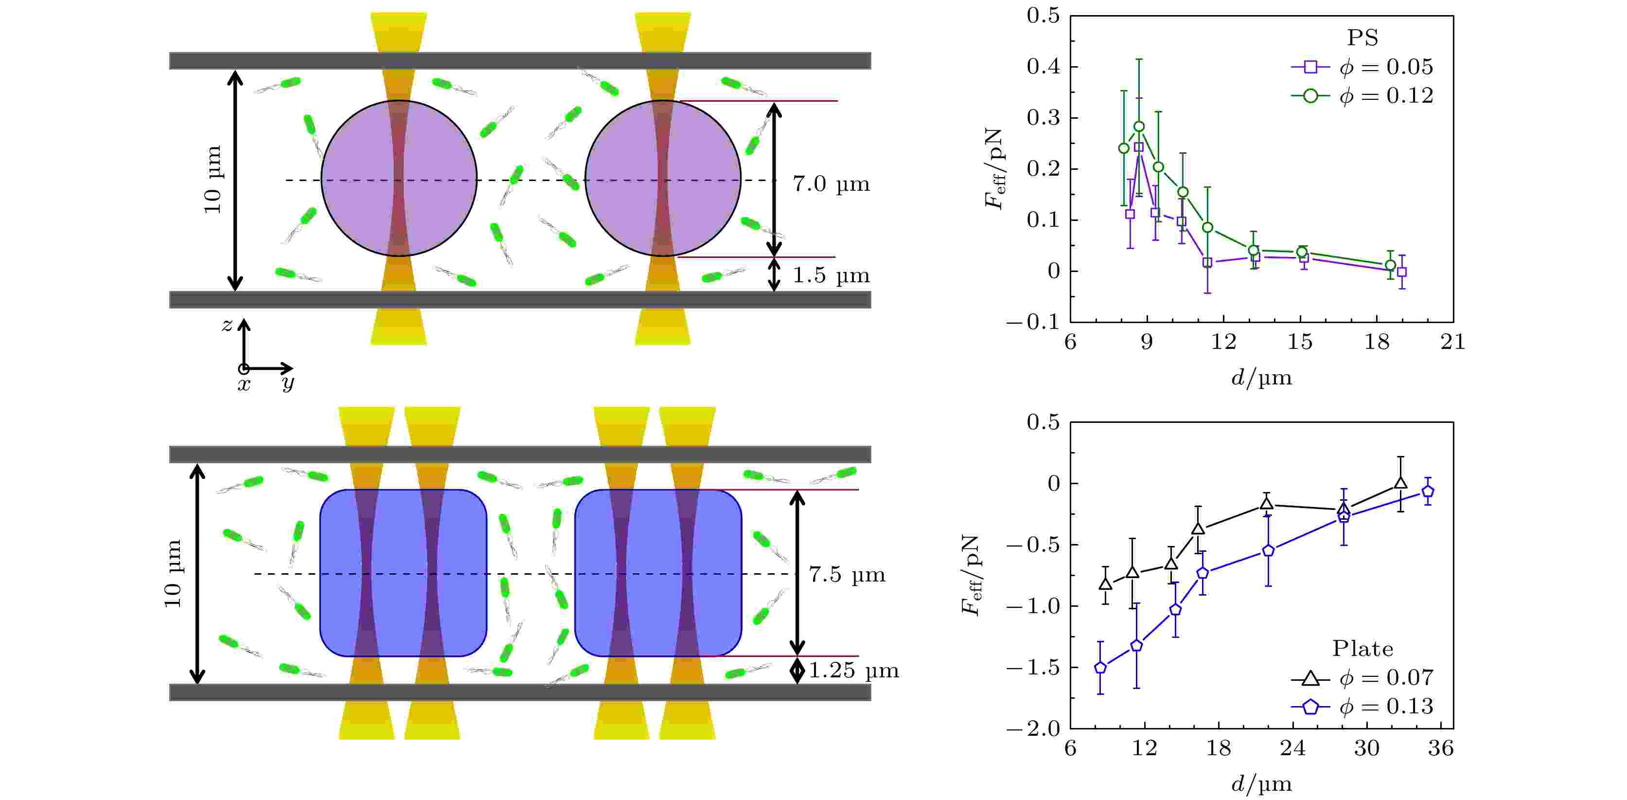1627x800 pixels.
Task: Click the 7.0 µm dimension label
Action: (x=831, y=184)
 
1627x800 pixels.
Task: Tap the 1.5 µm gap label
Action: (x=831, y=275)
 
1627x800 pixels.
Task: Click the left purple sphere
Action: (x=399, y=178)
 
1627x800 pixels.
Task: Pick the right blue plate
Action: (x=658, y=573)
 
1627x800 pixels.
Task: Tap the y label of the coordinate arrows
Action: (x=288, y=382)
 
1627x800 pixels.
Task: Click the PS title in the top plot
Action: (x=1362, y=38)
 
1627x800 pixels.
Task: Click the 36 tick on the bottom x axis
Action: (x=1441, y=749)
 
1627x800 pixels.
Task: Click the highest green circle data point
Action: (x=1139, y=127)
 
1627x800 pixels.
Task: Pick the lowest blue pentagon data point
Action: (x=1100, y=667)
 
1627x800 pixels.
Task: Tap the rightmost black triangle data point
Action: (x=1400, y=483)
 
